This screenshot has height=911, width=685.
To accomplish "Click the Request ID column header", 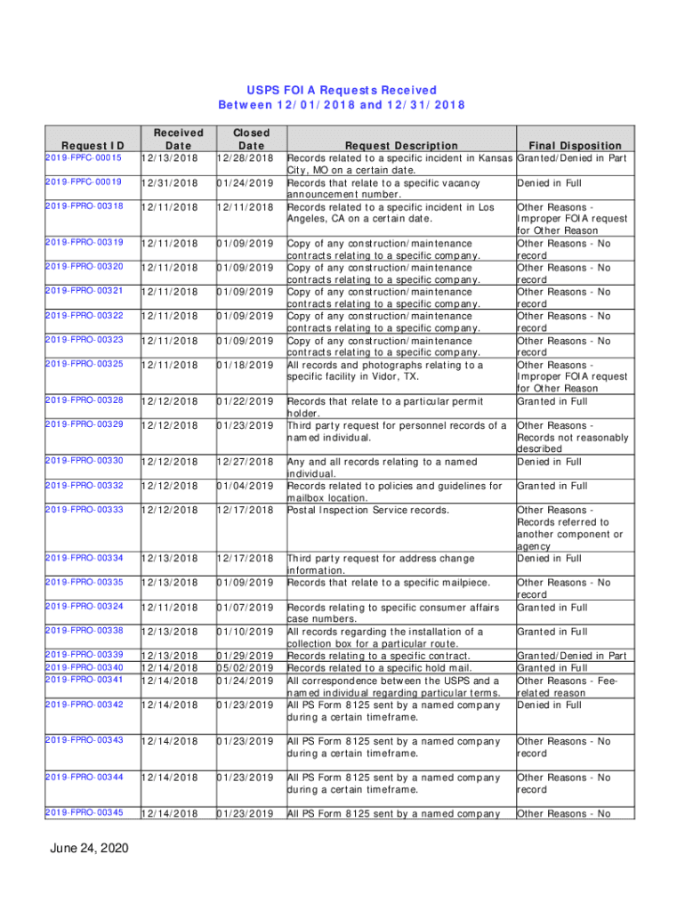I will coord(92,146).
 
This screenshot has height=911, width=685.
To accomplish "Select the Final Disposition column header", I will coord(575,146).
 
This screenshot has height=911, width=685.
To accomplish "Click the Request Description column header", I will coord(401,146).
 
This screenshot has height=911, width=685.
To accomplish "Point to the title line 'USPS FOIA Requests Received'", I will coord(342,90).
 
